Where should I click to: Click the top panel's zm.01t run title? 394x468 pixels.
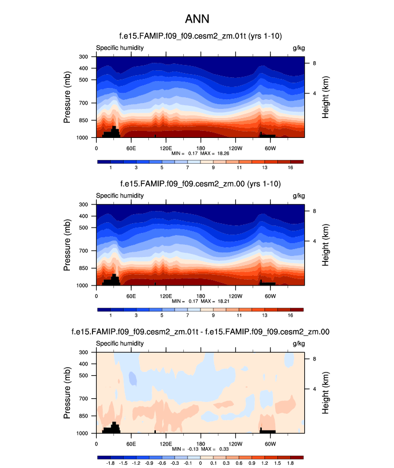pyautogui.click(x=200, y=35)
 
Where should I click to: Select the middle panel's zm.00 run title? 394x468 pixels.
pyautogui.click(x=200, y=184)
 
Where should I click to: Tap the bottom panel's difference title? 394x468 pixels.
pyautogui.click(x=200, y=332)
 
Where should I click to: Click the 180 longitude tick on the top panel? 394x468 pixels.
pyautogui.click(x=200, y=148)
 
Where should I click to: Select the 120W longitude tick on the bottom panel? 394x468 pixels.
pyautogui.click(x=235, y=444)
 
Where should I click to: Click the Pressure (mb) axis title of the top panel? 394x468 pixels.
pyautogui.click(x=67, y=97)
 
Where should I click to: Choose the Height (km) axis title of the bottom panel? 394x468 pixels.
pyautogui.click(x=326, y=393)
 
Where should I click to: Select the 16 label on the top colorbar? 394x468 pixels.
pyautogui.click(x=290, y=168)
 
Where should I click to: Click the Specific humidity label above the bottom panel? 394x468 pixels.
pyautogui.click(x=120, y=343)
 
